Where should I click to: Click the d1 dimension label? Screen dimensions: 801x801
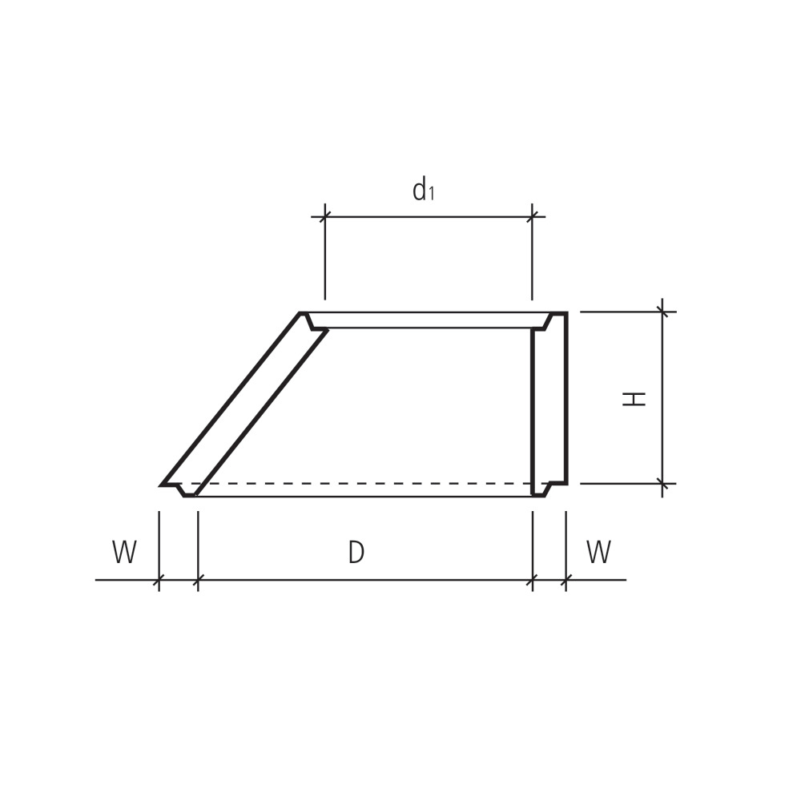click(x=423, y=191)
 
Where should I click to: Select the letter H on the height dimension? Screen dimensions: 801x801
click(x=634, y=398)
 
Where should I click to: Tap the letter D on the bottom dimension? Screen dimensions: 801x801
click(x=356, y=553)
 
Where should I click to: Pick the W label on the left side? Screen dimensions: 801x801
click(x=124, y=553)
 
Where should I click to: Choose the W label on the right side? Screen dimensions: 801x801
click(x=598, y=553)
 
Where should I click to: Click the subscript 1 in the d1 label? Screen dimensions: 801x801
click(x=432, y=194)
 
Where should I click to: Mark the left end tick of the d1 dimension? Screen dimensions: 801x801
click(x=324, y=216)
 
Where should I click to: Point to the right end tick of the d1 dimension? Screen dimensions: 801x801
click(x=532, y=216)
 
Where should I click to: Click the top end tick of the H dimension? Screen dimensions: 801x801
click(x=662, y=312)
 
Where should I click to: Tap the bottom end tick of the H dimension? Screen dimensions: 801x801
click(x=662, y=484)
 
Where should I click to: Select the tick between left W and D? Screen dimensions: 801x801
click(x=198, y=580)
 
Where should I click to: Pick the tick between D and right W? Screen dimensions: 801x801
click(x=533, y=580)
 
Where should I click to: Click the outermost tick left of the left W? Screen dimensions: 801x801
click(x=159, y=580)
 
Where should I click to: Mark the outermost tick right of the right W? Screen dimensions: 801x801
click(x=566, y=580)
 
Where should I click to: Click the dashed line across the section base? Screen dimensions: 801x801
click(x=360, y=484)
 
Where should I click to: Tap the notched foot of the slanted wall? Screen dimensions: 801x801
click(x=186, y=489)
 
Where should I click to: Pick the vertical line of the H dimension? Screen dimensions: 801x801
click(x=662, y=360)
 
